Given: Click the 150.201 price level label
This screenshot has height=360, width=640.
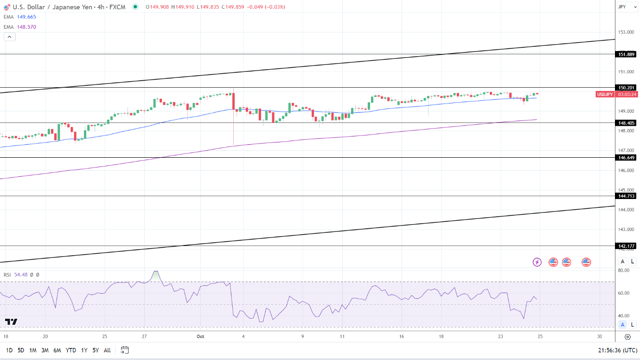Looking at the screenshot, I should [x=626, y=87].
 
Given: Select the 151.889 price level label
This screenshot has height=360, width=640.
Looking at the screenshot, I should [x=626, y=54].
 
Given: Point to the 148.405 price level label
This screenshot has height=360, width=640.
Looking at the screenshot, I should [x=626, y=123].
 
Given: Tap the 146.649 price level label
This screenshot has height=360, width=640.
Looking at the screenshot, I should [x=626, y=158].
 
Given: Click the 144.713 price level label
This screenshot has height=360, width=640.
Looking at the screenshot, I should [x=626, y=196].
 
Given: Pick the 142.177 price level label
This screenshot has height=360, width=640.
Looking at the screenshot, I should [x=626, y=246].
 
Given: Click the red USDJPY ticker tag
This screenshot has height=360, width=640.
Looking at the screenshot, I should [x=605, y=94].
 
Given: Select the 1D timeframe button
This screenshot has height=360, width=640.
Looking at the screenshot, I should [x=9, y=350].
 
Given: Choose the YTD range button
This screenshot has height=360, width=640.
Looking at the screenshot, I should [x=71, y=350].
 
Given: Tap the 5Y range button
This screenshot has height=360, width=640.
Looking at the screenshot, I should [x=95, y=350].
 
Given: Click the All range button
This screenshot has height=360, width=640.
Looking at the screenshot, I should [x=107, y=350].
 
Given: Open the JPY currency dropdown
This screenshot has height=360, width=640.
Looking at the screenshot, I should [x=627, y=7].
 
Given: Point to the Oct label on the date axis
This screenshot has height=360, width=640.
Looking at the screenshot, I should [x=200, y=336].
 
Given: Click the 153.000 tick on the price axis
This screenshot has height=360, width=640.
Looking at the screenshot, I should [x=626, y=32].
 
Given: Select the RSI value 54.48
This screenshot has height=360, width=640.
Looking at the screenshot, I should [x=21, y=275].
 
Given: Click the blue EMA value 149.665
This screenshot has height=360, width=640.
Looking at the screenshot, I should [x=26, y=17].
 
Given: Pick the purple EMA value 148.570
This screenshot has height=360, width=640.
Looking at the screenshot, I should [x=26, y=27].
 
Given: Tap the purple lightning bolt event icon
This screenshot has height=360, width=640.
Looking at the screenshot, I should [x=537, y=262].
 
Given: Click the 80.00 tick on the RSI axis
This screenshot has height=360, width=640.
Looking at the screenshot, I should [x=624, y=270].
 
